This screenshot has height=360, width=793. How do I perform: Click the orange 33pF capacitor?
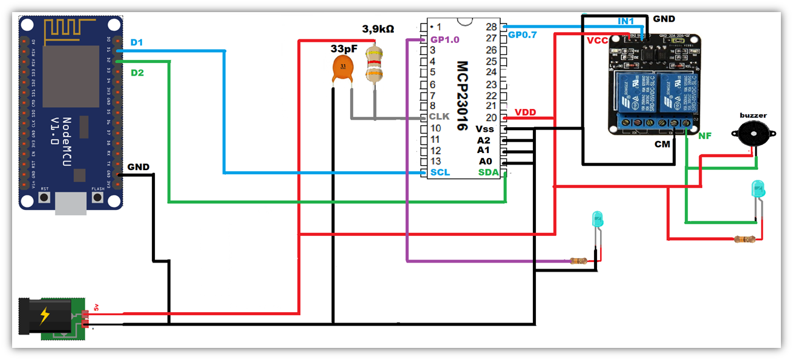click(x=344, y=69)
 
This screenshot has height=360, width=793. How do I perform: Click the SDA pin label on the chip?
click(x=489, y=172)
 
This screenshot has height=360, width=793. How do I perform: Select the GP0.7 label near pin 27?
click(x=522, y=35)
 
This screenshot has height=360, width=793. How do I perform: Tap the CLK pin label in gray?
click(x=439, y=116)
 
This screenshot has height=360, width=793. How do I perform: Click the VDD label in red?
click(x=524, y=113)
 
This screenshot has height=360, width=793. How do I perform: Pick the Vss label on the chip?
click(x=485, y=129)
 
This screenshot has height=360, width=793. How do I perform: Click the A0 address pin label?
click(x=485, y=162)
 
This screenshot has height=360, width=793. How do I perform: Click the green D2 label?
click(x=137, y=73)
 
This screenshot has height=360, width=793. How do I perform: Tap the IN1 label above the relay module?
click(x=625, y=21)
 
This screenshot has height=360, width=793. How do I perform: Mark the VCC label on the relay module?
click(x=597, y=40)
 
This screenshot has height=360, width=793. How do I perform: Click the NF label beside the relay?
click(x=705, y=136)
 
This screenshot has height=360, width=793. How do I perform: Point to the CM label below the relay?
click(x=663, y=145)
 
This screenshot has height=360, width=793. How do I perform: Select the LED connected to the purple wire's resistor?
click(x=598, y=220)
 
